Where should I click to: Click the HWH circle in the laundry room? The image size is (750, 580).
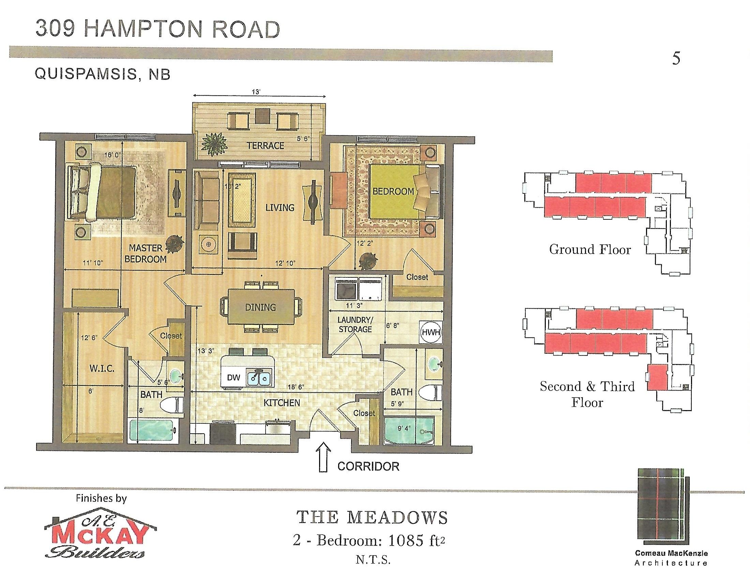tap(431, 332)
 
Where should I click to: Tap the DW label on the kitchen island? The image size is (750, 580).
tap(234, 378)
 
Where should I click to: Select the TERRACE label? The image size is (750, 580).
tap(266, 146)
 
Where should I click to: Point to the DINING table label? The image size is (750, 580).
tap(260, 307)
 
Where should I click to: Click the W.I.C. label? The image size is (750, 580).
tap(102, 369)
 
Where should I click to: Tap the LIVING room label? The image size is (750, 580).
tap(280, 207)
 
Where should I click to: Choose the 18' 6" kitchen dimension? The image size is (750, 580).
tap(296, 387)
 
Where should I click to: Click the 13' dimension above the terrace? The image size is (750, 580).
tap(256, 92)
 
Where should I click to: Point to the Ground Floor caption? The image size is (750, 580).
tap(590, 249)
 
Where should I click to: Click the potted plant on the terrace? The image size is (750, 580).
tap(214, 143)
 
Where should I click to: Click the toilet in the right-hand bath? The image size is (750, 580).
tap(432, 392)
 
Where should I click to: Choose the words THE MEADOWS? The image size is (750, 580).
tap(372, 518)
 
